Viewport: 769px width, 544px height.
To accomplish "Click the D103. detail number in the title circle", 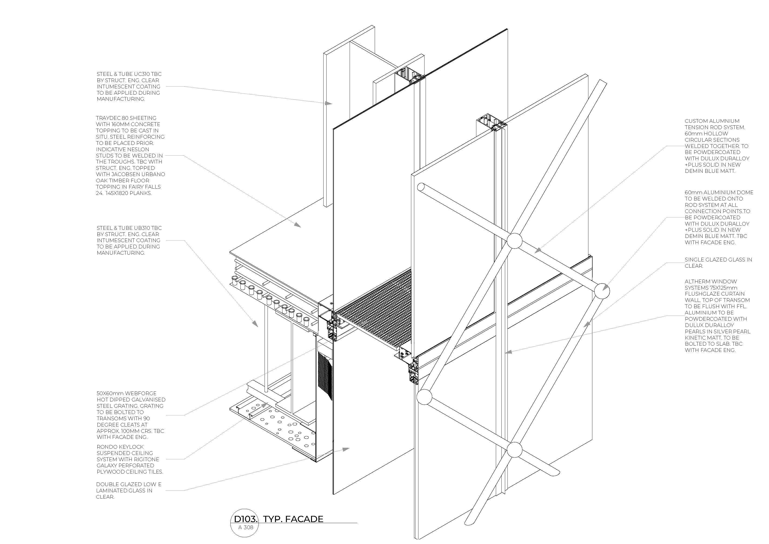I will point(245,519).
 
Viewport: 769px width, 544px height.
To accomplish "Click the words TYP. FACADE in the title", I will point(293,519).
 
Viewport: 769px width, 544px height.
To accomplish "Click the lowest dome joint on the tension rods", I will point(515,450).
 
